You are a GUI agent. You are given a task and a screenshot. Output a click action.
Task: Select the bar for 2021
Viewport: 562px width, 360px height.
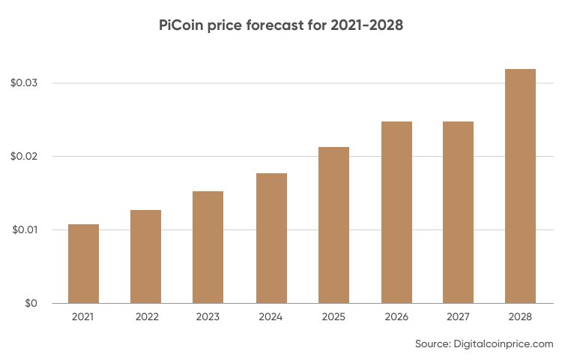click(x=83, y=264)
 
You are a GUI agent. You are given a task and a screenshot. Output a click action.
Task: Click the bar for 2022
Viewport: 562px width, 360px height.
click(x=145, y=256)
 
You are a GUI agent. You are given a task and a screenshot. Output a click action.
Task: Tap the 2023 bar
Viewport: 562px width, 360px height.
click(x=208, y=247)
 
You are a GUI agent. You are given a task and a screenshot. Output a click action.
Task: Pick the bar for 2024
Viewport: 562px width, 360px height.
click(x=271, y=238)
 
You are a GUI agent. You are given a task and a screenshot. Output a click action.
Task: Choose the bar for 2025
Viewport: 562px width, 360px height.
click(x=333, y=225)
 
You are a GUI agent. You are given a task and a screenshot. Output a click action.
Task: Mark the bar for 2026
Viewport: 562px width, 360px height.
click(x=396, y=212)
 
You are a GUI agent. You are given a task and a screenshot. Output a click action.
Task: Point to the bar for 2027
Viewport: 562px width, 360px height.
click(x=458, y=212)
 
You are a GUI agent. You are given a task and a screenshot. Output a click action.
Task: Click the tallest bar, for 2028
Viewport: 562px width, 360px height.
click(x=520, y=186)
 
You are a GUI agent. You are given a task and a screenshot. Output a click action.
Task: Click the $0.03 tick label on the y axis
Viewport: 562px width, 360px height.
click(x=24, y=82)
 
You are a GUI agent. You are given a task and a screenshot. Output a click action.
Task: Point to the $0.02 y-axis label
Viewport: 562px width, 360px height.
click(x=24, y=156)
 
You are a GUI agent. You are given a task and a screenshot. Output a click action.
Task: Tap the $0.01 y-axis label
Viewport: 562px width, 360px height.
click(x=24, y=229)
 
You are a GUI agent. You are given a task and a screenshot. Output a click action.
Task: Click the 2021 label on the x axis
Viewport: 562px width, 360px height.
click(x=83, y=318)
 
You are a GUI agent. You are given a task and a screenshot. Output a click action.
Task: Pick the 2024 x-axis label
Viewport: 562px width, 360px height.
click(x=271, y=318)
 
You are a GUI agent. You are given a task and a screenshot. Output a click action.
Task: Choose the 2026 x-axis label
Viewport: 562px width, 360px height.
click(x=396, y=318)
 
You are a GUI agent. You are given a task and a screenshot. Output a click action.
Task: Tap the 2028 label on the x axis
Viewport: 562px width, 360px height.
click(x=520, y=318)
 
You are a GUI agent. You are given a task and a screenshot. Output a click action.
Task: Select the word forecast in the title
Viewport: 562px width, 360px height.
click(x=279, y=25)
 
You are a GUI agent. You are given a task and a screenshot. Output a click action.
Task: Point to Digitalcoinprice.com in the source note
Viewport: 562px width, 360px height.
click(x=504, y=344)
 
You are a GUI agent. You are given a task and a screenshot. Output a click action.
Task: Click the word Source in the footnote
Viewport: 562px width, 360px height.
click(x=432, y=344)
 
